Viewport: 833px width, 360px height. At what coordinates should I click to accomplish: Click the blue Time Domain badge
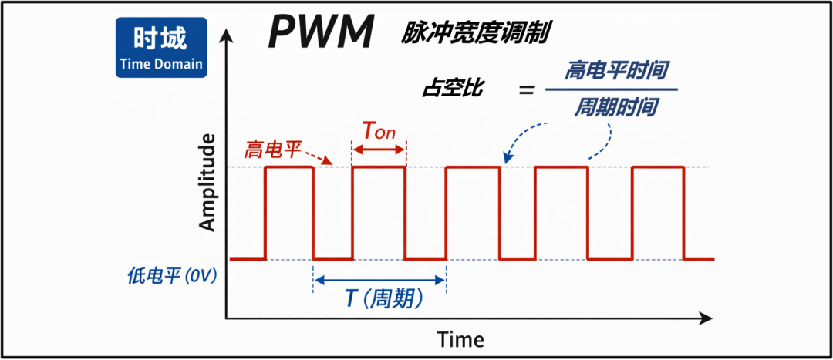click(x=162, y=48)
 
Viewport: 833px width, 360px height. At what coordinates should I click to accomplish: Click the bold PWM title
click(x=322, y=33)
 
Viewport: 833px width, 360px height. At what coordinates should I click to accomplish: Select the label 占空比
click(x=453, y=89)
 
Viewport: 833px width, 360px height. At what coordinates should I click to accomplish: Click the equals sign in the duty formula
click(x=526, y=90)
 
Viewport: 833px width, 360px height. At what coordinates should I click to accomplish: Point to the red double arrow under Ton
click(x=379, y=150)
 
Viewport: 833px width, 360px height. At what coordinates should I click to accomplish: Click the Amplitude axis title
click(x=207, y=183)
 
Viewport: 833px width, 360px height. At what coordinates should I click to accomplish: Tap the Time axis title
click(x=460, y=339)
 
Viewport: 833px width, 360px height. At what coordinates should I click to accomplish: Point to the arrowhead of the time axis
click(x=705, y=318)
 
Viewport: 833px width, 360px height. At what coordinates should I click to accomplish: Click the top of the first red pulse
click(x=289, y=167)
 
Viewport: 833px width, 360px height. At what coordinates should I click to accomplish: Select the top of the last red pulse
click(x=658, y=167)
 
